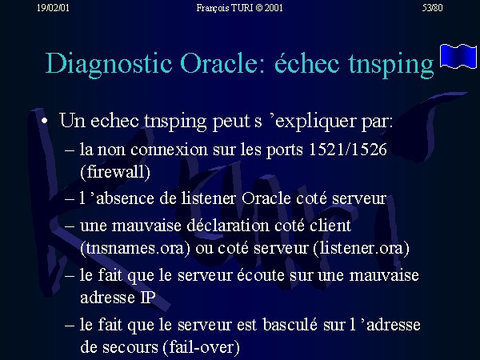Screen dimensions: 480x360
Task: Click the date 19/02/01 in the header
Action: pyautogui.click(x=53, y=8)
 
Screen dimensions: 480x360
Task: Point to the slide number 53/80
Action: pyautogui.click(x=432, y=8)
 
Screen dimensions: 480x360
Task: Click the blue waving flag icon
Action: pyautogui.click(x=458, y=56)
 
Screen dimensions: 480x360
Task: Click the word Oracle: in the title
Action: pyautogui.click(x=222, y=62)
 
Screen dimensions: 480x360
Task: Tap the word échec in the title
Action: pyautogui.click(x=306, y=62)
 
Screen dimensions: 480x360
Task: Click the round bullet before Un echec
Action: pyautogui.click(x=45, y=121)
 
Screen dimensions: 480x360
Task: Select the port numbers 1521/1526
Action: pyautogui.click(x=348, y=150)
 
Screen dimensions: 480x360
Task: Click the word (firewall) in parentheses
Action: pyautogui.click(x=115, y=172)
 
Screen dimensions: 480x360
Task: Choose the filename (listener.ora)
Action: pyautogui.click(x=362, y=248)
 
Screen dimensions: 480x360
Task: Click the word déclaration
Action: pyautogui.click(x=228, y=226)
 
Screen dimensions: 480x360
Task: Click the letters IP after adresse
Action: pyautogui.click(x=148, y=298)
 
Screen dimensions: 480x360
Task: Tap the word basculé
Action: pyautogui.click(x=290, y=324)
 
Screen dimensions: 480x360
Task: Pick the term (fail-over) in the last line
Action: pyautogui.click(x=202, y=347)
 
